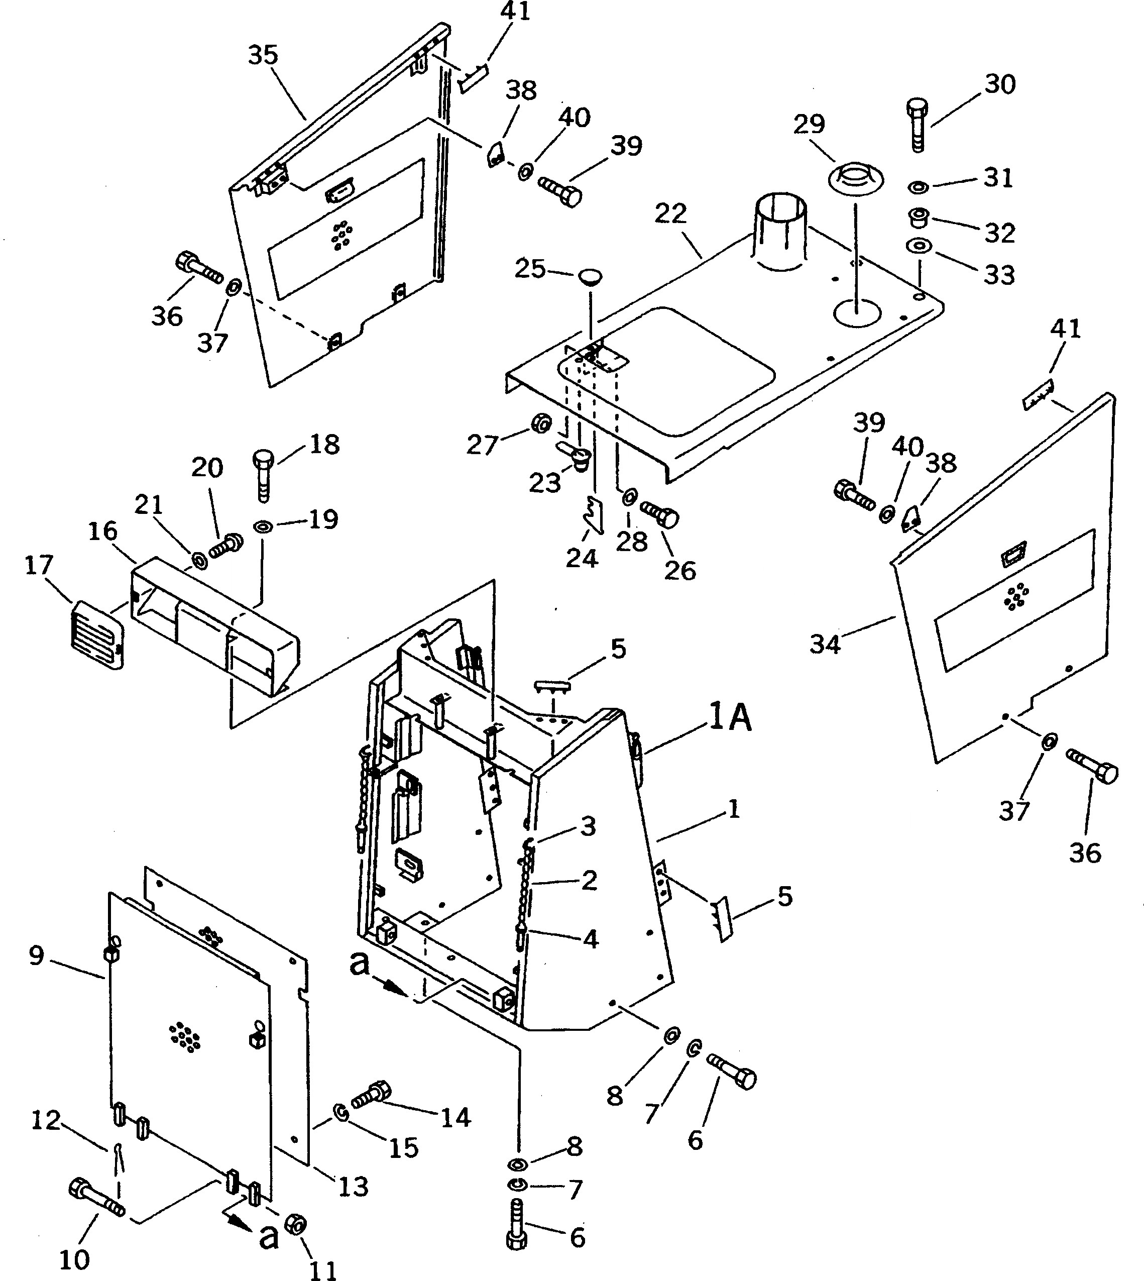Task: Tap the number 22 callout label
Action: pos(671,215)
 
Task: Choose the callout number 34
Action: pos(825,644)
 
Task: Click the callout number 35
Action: pos(263,55)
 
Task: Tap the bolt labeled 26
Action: pos(659,515)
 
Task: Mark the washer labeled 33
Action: pos(919,245)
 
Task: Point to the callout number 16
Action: pos(102,531)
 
